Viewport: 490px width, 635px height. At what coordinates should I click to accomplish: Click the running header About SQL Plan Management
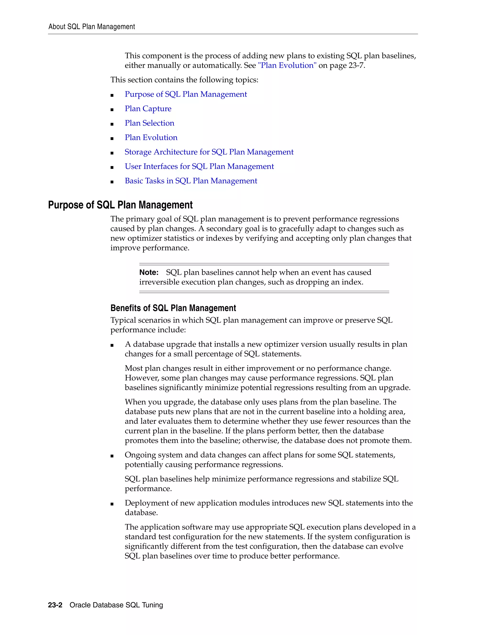point(91,27)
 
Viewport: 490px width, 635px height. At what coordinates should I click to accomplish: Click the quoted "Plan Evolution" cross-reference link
point(287,65)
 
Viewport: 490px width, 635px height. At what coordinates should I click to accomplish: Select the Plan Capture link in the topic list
point(148,109)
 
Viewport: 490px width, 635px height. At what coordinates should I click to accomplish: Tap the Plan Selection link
point(149,123)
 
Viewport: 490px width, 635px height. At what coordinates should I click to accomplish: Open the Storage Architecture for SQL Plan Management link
point(209,152)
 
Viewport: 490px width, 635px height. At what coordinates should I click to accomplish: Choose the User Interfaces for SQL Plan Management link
point(199,166)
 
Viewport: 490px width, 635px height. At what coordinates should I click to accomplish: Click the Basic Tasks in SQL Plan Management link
point(191,181)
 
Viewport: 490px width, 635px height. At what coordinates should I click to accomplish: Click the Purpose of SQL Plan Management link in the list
point(186,94)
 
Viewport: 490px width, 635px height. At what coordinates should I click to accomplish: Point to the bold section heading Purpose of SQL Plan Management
point(120,205)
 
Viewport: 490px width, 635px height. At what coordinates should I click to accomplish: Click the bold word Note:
point(149,272)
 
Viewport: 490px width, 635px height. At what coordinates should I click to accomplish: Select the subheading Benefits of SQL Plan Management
point(173,308)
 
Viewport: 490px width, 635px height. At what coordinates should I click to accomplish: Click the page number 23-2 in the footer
point(55,605)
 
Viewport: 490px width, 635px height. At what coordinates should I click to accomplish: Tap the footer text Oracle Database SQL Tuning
point(116,605)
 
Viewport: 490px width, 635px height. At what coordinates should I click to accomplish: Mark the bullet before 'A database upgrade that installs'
point(112,345)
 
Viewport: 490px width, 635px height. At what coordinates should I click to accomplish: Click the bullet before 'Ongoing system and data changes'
point(112,456)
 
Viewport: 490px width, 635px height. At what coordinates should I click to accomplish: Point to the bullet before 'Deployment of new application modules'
point(112,504)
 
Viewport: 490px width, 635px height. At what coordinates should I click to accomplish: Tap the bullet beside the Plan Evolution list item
point(112,139)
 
